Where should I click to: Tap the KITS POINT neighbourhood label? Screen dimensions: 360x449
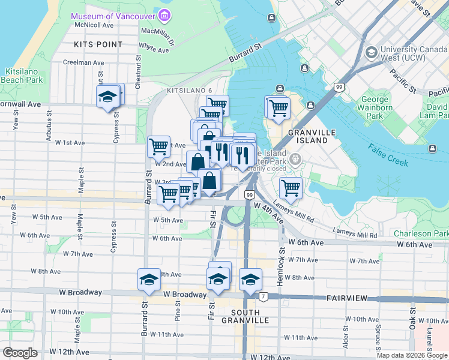click(x=98, y=44)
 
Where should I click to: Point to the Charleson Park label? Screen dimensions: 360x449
click(x=421, y=233)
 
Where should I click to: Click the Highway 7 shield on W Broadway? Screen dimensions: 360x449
click(x=263, y=296)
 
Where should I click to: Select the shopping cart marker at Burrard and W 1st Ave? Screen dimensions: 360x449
click(x=158, y=146)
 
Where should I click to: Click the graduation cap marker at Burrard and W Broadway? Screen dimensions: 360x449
click(x=149, y=279)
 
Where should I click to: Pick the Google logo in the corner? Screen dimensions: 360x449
click(x=20, y=352)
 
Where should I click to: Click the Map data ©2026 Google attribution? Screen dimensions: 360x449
click(x=412, y=355)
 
